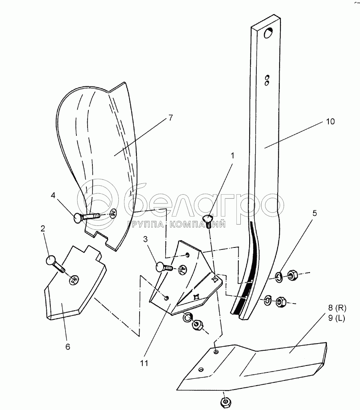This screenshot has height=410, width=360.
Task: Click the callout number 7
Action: coord(170,118)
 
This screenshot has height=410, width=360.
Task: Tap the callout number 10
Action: coord(330,122)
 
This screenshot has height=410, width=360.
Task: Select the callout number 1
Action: coord(232,156)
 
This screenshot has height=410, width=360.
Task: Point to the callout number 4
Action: coord(53,195)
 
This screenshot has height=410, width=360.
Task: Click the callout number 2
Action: coord(43,229)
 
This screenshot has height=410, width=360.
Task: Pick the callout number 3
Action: coord(145,239)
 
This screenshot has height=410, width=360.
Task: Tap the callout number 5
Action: coord(314,213)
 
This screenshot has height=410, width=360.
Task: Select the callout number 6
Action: coord(68,347)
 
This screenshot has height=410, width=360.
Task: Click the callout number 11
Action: coord(144,363)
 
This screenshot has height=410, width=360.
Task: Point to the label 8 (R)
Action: coord(337,308)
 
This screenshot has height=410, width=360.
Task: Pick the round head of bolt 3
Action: coord(160,267)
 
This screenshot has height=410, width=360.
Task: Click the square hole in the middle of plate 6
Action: coord(74,279)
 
